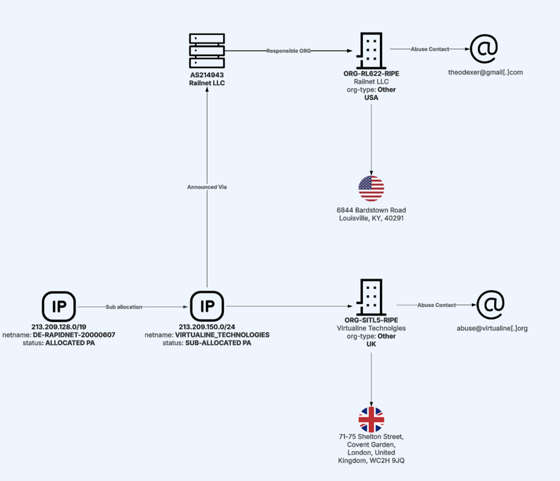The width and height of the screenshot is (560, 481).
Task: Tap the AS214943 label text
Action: coord(207,75)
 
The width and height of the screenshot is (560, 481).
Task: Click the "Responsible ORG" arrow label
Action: coord(288,51)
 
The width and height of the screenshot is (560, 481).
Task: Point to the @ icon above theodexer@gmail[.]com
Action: coord(483,49)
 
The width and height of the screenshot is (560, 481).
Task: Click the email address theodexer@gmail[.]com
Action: coord(485,72)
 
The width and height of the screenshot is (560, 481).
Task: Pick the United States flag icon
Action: coord(371,188)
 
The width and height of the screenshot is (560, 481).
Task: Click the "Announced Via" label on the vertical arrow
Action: coord(207,187)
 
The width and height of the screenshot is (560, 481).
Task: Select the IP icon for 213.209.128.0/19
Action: coord(59,305)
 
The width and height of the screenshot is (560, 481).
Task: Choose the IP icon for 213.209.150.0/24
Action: coord(207,305)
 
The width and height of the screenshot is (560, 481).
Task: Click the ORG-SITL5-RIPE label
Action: coord(371,320)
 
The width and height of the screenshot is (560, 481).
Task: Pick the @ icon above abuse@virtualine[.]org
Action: coord(491,305)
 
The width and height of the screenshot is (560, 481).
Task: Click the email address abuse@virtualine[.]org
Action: coord(492,328)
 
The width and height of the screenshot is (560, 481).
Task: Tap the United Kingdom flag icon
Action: coord(371,420)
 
